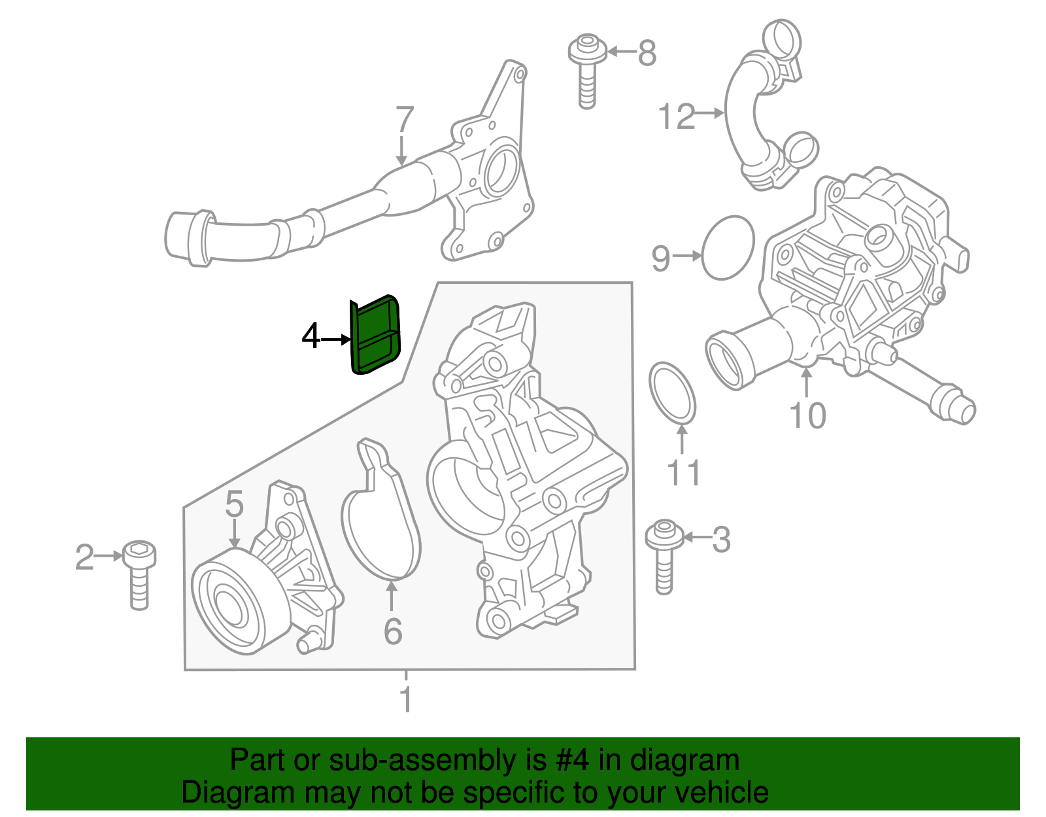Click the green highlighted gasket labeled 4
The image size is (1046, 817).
[x=375, y=334]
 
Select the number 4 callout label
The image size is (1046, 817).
[x=311, y=338]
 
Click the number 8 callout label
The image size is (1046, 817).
[x=647, y=53]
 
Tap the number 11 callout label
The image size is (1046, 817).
[x=683, y=473]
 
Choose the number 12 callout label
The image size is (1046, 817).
[x=676, y=117]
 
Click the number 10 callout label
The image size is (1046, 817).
[x=808, y=415]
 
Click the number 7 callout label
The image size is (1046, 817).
[x=404, y=120]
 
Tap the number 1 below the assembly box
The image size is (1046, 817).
[x=406, y=700]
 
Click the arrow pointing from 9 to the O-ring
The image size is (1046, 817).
[x=687, y=256]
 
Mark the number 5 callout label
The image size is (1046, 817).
[x=234, y=504]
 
